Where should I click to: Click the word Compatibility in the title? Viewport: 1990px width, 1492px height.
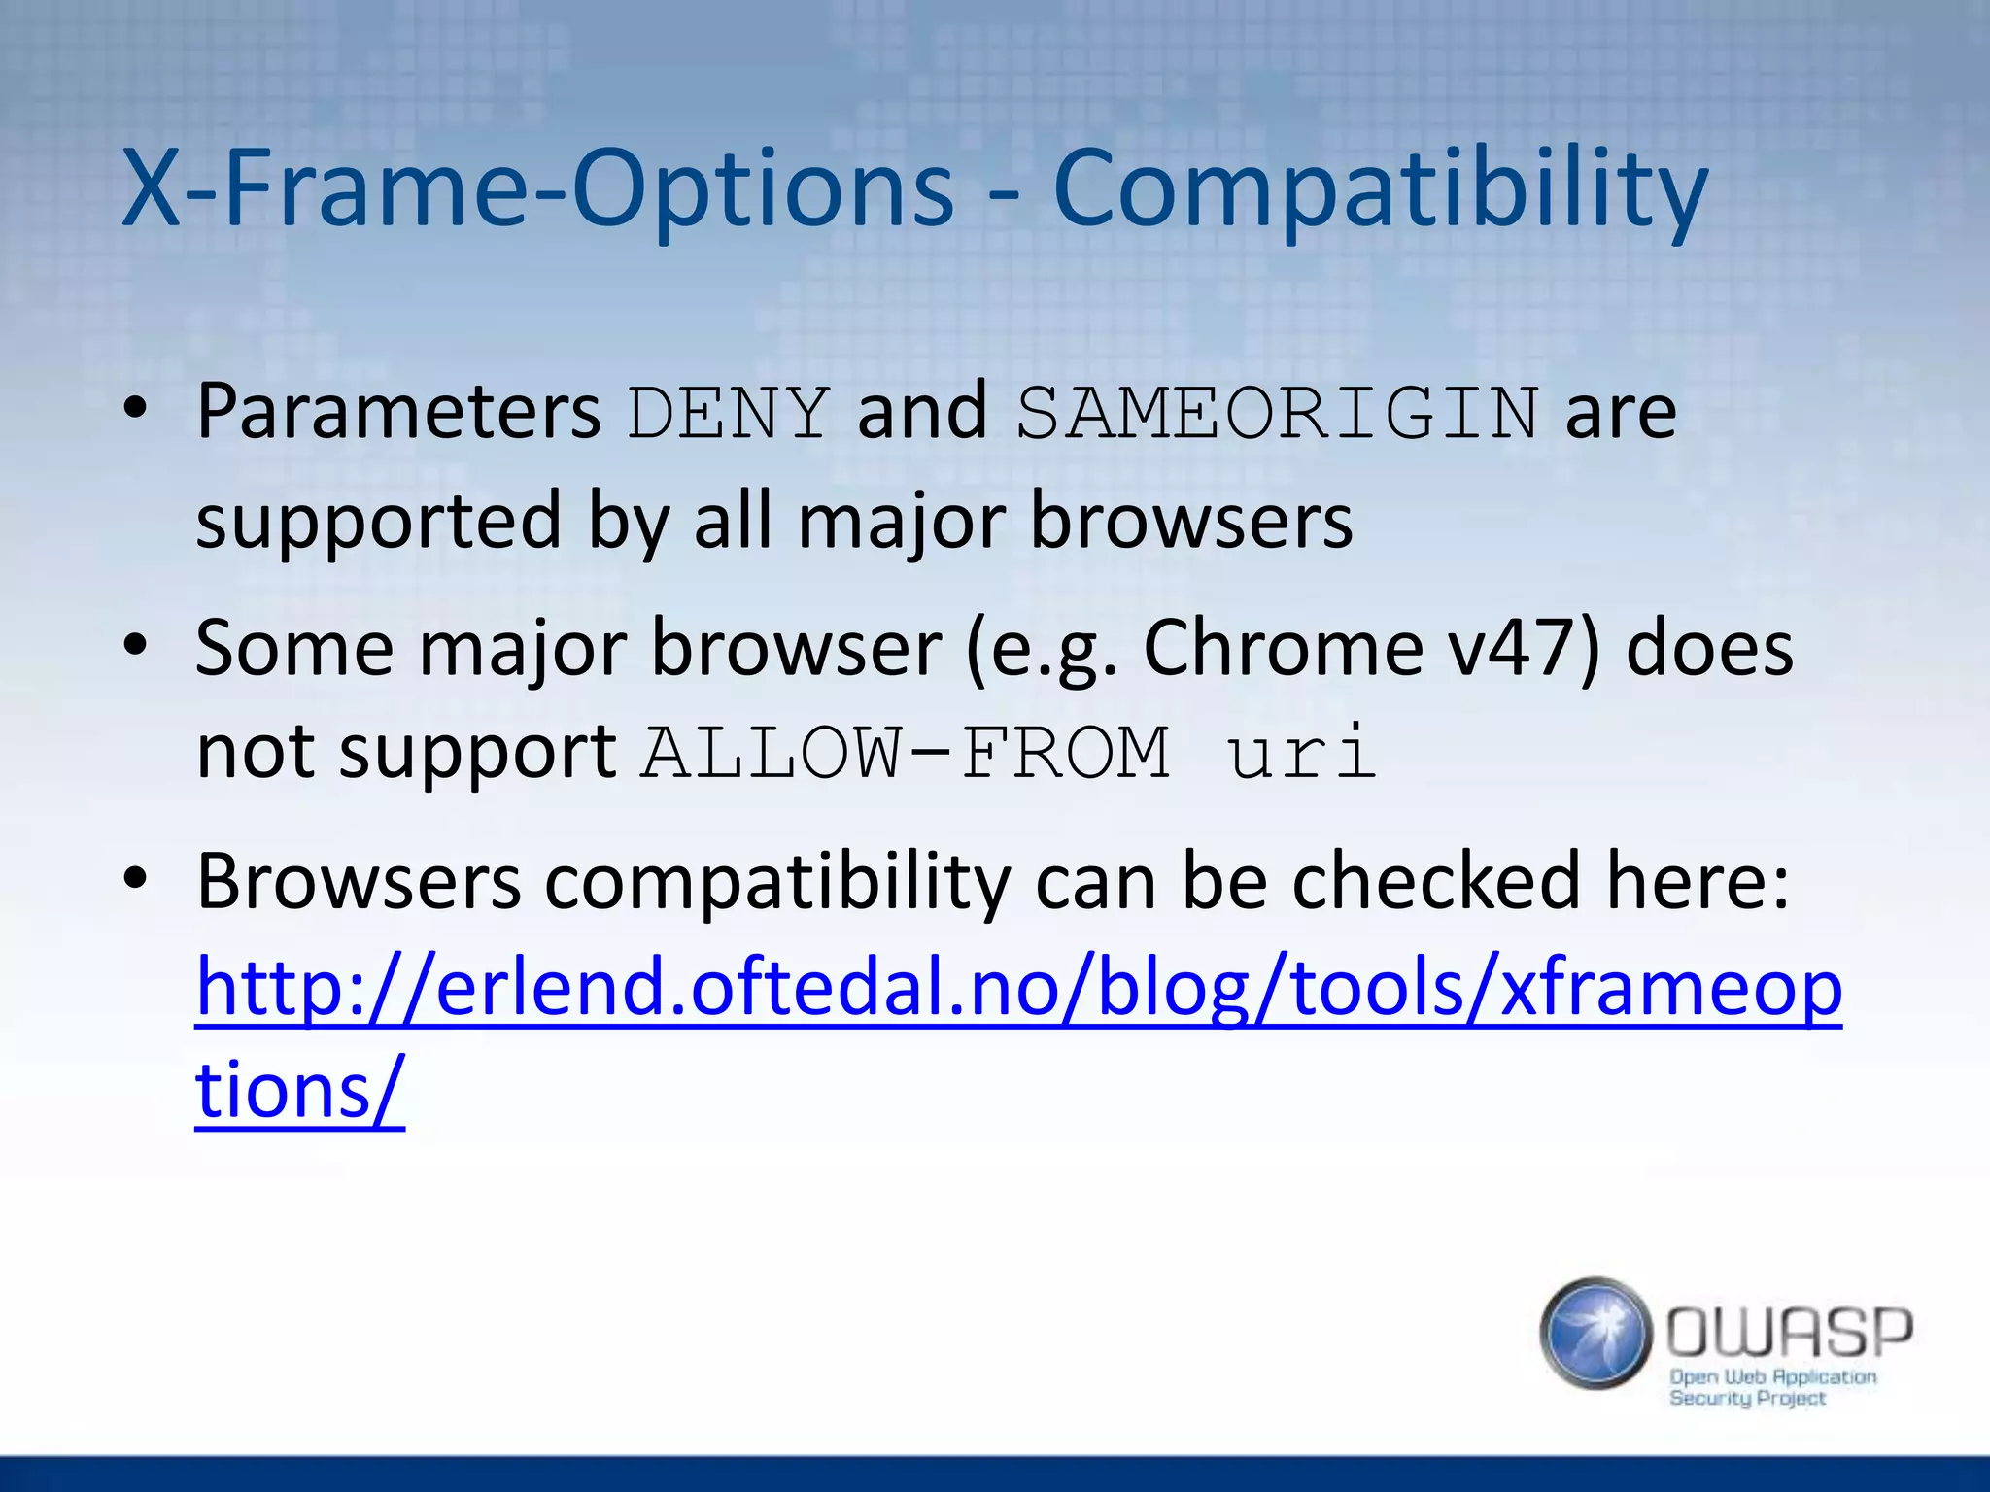(1380, 189)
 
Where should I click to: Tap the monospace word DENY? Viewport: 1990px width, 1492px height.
(729, 413)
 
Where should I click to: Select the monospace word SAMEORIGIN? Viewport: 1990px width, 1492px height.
(1278, 413)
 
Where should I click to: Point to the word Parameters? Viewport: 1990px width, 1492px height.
(398, 413)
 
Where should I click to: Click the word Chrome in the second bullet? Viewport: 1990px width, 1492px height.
(1283, 648)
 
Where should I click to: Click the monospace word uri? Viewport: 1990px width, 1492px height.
(1302, 753)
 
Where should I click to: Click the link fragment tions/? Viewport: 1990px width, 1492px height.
(299, 1090)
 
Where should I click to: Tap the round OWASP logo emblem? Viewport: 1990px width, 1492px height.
(1595, 1333)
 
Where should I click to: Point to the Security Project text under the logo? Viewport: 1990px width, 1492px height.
(1747, 1399)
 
